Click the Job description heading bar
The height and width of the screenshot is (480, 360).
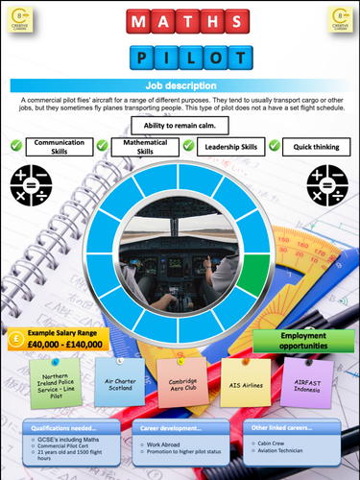click(x=180, y=85)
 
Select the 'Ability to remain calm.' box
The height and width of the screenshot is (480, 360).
click(x=180, y=126)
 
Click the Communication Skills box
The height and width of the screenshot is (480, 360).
click(x=60, y=147)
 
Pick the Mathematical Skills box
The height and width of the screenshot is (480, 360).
click(x=146, y=146)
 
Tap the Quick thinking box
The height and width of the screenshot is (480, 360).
click(x=313, y=147)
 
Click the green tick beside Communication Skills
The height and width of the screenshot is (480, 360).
click(x=16, y=146)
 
